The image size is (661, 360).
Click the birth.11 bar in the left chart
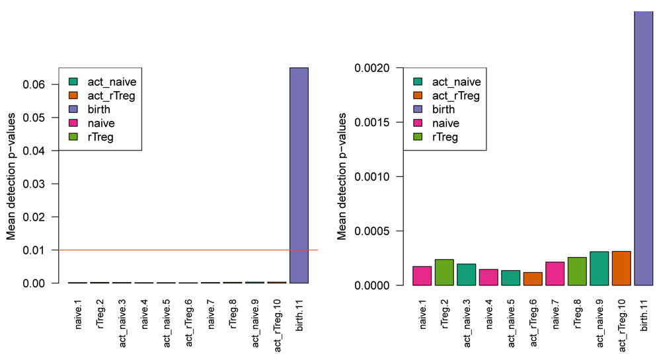coord(298,175)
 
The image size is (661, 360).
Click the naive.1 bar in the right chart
coord(422,275)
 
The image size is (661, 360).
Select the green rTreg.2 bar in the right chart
coord(444,272)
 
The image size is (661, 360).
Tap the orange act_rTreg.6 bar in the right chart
coord(533,279)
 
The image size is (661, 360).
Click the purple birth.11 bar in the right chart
coord(644,149)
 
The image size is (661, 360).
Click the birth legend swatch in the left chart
coord(73,110)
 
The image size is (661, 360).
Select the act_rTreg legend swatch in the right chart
coord(418,96)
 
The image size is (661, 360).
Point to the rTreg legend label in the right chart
coord(445,137)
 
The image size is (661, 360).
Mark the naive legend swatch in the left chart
coord(73,124)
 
